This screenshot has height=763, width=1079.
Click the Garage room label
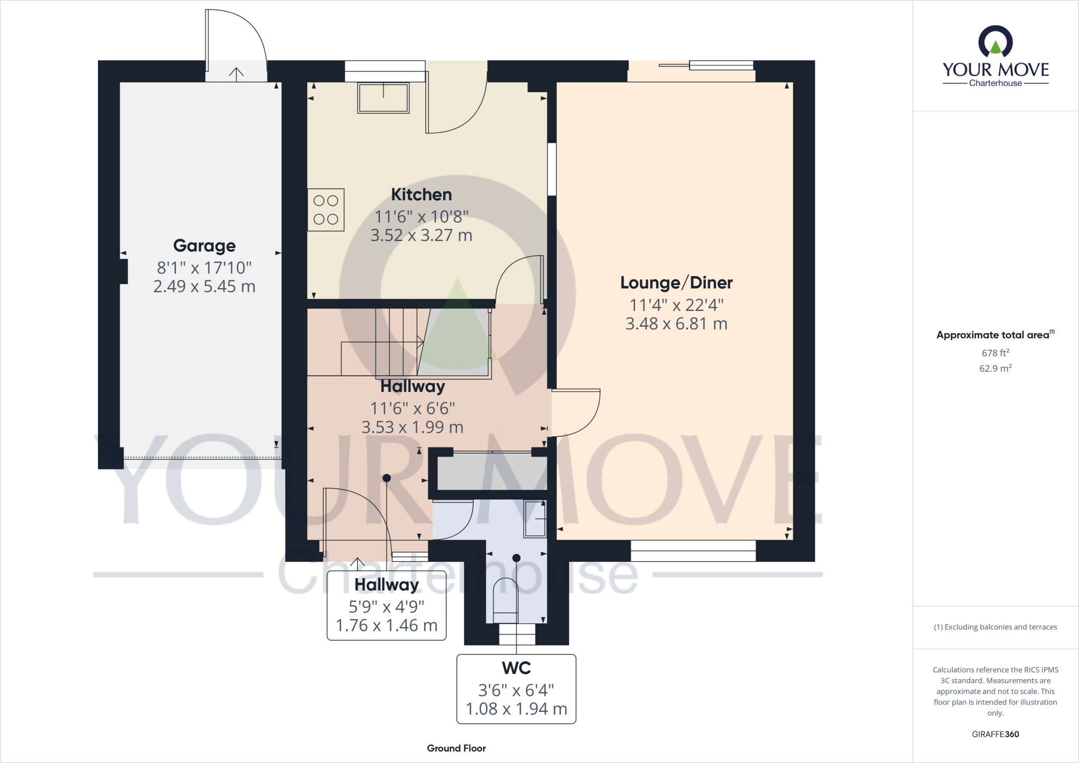point(204,246)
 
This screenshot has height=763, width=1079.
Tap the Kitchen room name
point(421,195)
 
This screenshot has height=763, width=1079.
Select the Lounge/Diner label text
point(676,283)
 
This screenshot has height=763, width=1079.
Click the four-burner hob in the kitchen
point(326,210)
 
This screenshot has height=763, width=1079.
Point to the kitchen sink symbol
point(383,97)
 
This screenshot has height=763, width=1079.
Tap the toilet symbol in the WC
point(505,601)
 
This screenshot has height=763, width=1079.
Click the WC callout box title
point(516,668)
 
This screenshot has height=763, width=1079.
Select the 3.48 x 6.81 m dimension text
point(676,324)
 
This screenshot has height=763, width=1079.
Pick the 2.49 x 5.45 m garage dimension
point(204,287)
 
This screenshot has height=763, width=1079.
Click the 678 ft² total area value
point(995,353)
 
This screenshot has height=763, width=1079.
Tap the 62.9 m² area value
point(995,368)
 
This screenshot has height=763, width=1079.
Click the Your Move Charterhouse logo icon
point(995,42)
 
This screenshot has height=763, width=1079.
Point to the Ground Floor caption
point(456,748)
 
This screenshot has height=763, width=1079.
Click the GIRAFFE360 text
point(995,734)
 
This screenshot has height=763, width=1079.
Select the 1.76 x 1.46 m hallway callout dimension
point(386,625)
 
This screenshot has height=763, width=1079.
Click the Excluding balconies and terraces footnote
point(995,627)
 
